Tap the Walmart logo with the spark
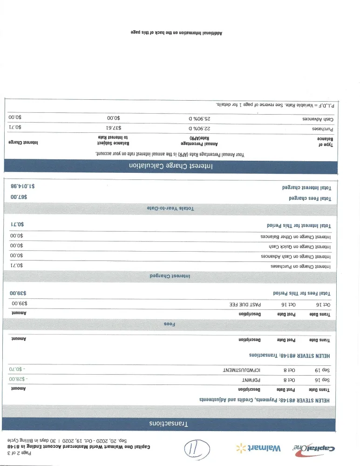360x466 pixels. (x=259, y=448)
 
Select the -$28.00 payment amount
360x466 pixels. (x=19, y=380)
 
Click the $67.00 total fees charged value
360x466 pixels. (x=19, y=198)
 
